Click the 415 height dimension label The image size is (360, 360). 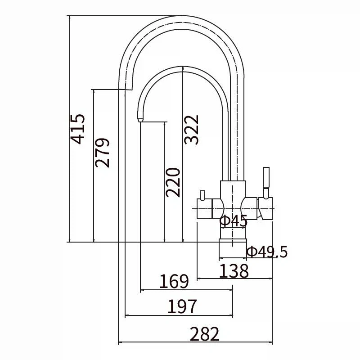(77, 129)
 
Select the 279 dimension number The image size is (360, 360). (102, 153)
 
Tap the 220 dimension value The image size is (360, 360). (173, 183)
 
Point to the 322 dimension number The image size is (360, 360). (191, 130)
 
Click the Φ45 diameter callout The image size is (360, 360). (234, 221)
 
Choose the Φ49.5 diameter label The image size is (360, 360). (267, 252)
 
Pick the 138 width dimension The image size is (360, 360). (234, 271)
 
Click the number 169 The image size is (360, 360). (174, 281)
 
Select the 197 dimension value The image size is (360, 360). (182, 306)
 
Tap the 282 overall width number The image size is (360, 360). (205, 333)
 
